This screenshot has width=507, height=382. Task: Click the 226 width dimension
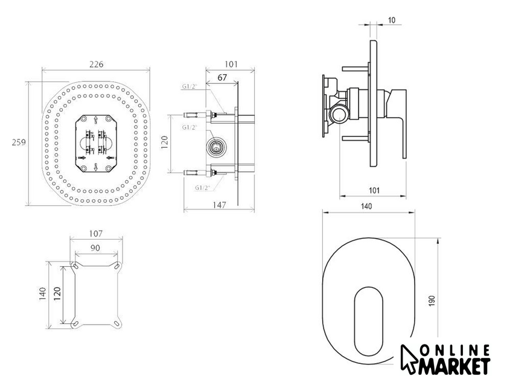(97, 65)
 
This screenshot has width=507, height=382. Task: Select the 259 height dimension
(19, 142)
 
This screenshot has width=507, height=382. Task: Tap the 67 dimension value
(222, 78)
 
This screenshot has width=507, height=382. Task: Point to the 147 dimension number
(220, 205)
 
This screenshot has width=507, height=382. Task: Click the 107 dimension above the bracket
(96, 234)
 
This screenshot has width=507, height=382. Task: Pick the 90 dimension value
(95, 248)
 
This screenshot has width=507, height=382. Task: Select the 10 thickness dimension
(391, 20)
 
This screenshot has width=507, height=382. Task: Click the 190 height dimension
(432, 301)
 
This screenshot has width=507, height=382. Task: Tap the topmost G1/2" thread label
(190, 87)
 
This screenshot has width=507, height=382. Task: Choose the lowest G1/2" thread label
(203, 188)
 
